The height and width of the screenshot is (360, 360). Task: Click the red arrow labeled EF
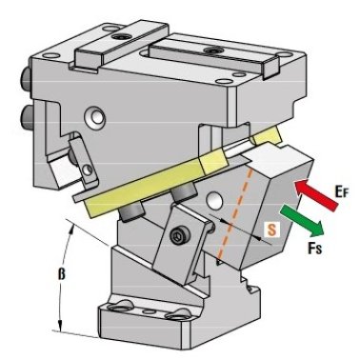[x=317, y=194]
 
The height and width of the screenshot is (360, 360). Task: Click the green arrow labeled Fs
[x=302, y=220]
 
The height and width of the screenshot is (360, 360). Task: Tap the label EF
[x=341, y=192]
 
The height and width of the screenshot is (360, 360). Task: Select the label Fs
[x=315, y=248]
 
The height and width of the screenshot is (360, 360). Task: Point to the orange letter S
[x=271, y=230]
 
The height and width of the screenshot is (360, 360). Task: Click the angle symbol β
[x=61, y=273]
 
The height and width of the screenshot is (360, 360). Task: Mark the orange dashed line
[x=235, y=212]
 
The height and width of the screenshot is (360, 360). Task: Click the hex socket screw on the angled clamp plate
[x=176, y=236]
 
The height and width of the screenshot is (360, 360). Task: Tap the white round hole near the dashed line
[x=213, y=200]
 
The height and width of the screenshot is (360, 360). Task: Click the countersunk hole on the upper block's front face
[x=94, y=118]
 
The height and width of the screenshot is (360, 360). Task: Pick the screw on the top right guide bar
[x=212, y=50]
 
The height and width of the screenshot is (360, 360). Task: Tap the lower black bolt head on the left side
[x=25, y=117]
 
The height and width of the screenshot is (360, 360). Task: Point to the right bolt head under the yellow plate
[x=184, y=194]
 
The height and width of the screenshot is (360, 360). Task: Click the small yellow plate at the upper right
[x=268, y=135]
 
